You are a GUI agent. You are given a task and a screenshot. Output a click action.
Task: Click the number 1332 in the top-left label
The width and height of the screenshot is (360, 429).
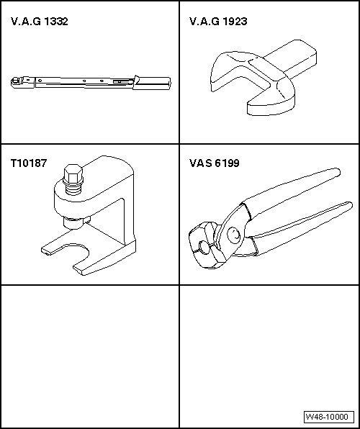click(57, 22)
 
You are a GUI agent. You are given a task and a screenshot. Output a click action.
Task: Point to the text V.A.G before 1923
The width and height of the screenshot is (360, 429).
click(204, 22)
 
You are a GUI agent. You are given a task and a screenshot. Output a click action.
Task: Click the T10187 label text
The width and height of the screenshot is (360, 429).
click(29, 163)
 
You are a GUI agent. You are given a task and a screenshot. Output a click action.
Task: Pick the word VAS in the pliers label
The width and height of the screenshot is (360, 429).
click(199, 163)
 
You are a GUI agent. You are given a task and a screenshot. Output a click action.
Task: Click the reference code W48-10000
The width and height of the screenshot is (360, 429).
click(327, 417)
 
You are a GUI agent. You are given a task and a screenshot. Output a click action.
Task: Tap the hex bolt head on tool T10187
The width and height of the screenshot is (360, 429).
click(71, 174)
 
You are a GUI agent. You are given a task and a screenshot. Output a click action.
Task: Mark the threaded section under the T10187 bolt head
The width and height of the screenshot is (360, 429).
click(72, 191)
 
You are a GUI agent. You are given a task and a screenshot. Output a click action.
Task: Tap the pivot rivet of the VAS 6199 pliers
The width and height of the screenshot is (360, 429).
click(235, 232)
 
